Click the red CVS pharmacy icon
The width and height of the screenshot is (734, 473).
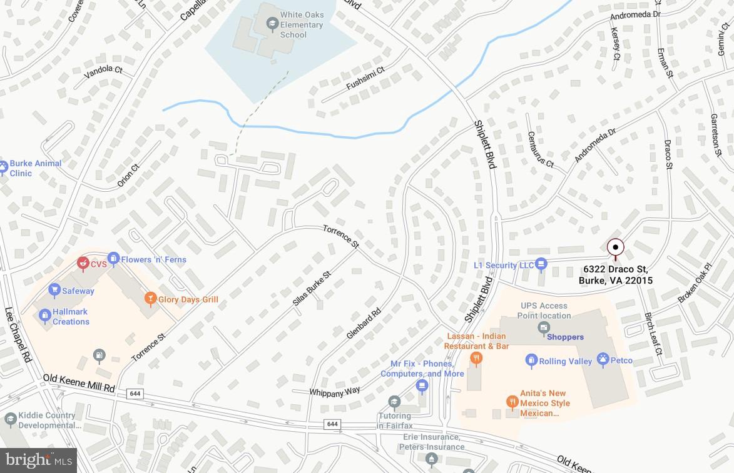[x=82, y=264]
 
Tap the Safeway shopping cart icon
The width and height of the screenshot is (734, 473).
[x=54, y=290]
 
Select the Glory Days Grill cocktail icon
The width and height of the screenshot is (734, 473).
[x=150, y=299]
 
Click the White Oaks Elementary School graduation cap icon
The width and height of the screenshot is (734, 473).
[x=272, y=24]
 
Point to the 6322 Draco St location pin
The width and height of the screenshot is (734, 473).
[x=616, y=247]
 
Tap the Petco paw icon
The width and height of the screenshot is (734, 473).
[x=603, y=360]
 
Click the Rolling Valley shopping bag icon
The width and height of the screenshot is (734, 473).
[x=531, y=361]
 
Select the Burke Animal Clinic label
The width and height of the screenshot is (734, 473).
[x=35, y=168]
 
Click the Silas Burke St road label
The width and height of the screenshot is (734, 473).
[x=311, y=288]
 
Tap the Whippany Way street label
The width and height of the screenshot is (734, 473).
[x=335, y=391]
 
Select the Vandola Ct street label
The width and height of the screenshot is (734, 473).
[x=103, y=71]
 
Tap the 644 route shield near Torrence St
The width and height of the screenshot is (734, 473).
[x=134, y=393]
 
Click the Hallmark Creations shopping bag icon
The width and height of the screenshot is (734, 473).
[x=45, y=316]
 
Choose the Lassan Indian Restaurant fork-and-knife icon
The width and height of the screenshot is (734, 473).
[x=476, y=358]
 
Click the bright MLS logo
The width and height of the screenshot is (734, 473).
[x=38, y=461]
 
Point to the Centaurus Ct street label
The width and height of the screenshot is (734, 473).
[x=541, y=149]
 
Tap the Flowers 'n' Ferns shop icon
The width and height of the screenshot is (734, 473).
[x=113, y=258]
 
